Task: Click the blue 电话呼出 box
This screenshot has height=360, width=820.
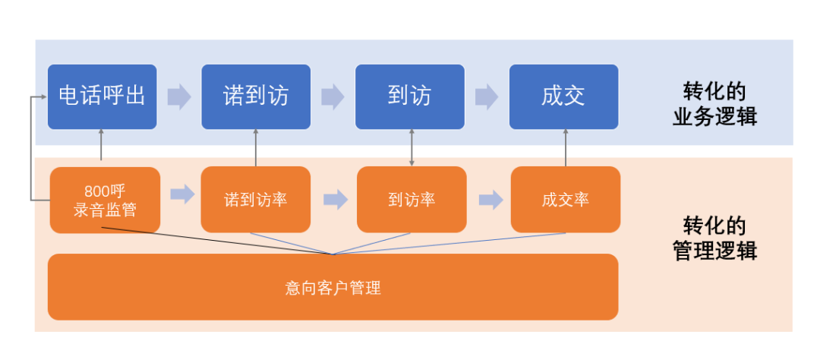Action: [x=102, y=96]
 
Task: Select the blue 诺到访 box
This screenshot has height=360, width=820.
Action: [x=256, y=96]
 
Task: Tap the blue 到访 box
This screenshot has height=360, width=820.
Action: [x=410, y=96]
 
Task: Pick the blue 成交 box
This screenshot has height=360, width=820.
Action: [x=563, y=96]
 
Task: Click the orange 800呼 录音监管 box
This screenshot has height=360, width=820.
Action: [x=105, y=200]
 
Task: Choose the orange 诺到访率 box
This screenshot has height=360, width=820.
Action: [x=256, y=199]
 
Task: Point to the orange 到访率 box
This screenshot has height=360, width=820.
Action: [x=412, y=199]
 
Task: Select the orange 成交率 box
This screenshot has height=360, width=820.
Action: [x=565, y=199]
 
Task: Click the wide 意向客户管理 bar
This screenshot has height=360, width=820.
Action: [x=333, y=287]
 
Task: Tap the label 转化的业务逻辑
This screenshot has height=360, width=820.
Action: [x=714, y=105]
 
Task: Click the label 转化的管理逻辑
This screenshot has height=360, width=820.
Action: [x=714, y=238]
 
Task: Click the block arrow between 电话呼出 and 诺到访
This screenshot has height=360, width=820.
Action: [x=178, y=97]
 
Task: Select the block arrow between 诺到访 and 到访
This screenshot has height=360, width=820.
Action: [x=333, y=97]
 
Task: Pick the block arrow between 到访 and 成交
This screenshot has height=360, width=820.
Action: [x=486, y=97]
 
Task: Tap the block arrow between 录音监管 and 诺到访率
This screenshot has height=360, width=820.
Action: [x=181, y=194]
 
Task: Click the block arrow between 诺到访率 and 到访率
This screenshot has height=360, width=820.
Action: [x=335, y=200]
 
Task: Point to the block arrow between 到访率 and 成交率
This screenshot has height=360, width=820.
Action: [x=490, y=200]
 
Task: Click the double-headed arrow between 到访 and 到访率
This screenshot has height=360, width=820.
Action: [x=412, y=148]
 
